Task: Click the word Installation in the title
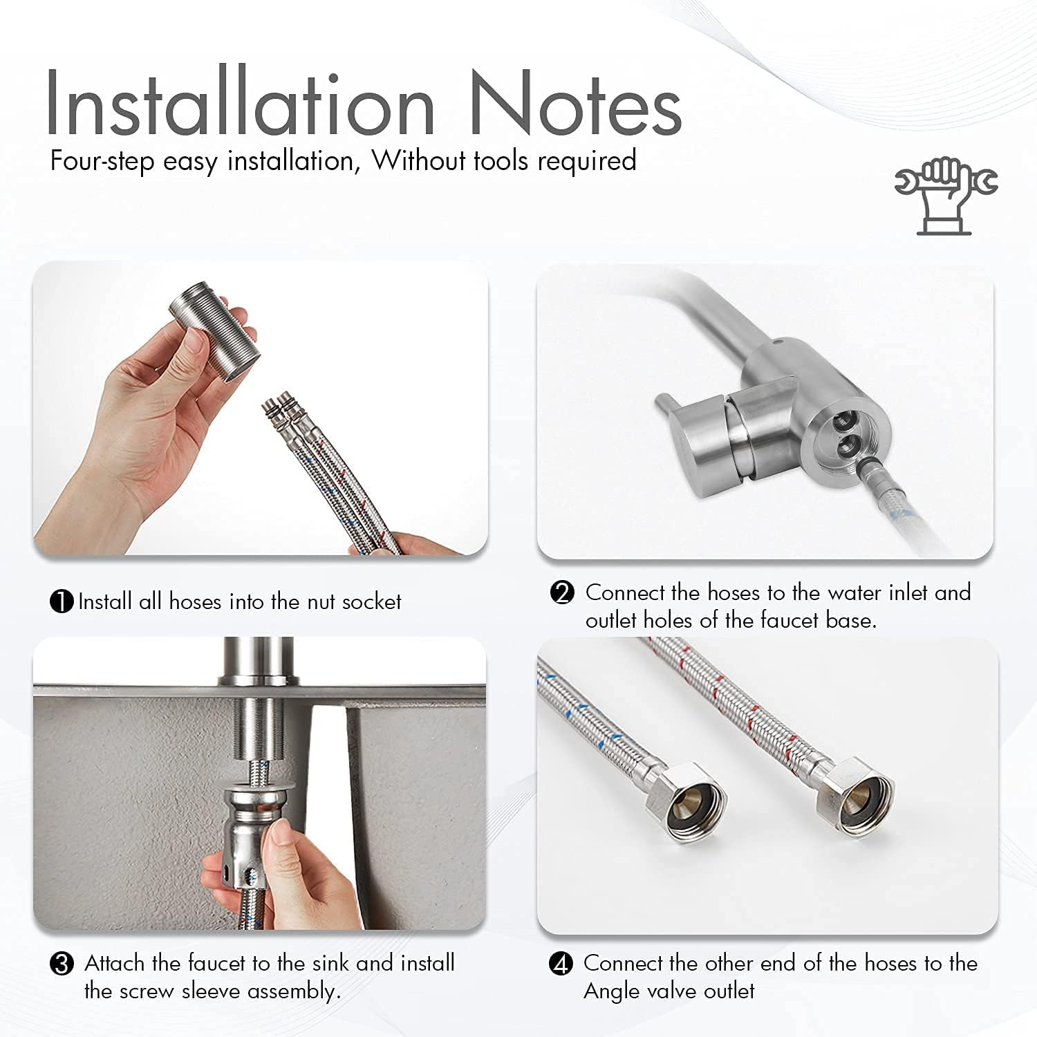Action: click(x=240, y=102)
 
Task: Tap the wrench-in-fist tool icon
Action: click(x=946, y=196)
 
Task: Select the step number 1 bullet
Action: click(x=62, y=601)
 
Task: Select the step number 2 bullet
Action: click(x=562, y=593)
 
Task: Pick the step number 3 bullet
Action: click(x=62, y=964)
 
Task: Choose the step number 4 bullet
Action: click(x=561, y=964)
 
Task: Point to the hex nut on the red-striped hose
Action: click(x=854, y=795)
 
